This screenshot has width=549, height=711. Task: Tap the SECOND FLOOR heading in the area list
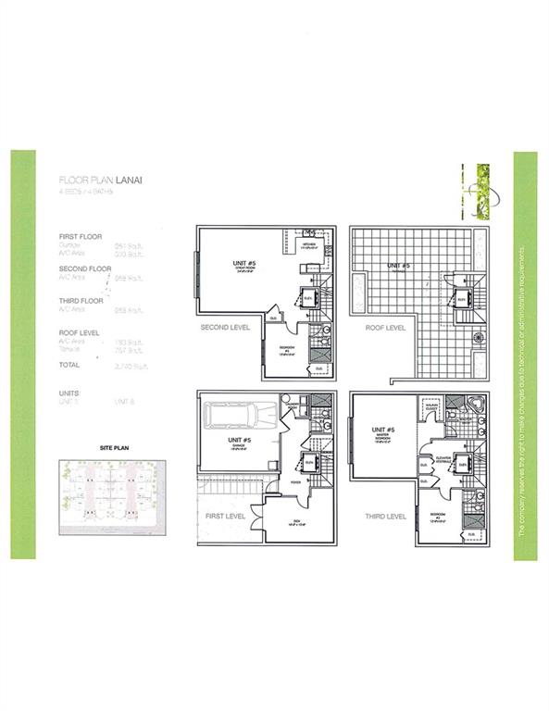(x=84, y=268)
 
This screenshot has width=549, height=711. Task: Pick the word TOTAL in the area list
(x=69, y=365)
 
